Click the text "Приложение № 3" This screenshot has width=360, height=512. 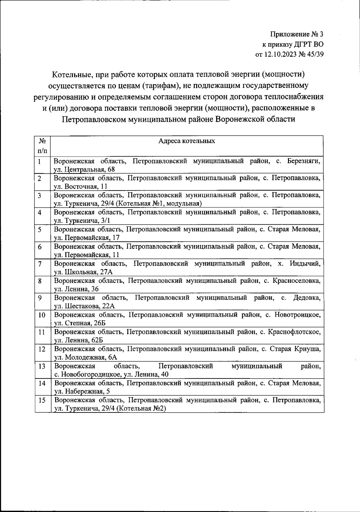297,34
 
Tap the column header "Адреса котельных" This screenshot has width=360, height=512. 187,141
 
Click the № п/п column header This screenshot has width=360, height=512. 42,145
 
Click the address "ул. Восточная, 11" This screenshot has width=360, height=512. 80,187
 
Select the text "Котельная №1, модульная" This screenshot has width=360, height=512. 159,204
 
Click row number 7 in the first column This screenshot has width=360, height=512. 40,264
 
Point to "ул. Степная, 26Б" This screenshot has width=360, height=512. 80,323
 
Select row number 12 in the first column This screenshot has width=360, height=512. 42,349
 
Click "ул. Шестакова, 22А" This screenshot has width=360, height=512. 84,306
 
